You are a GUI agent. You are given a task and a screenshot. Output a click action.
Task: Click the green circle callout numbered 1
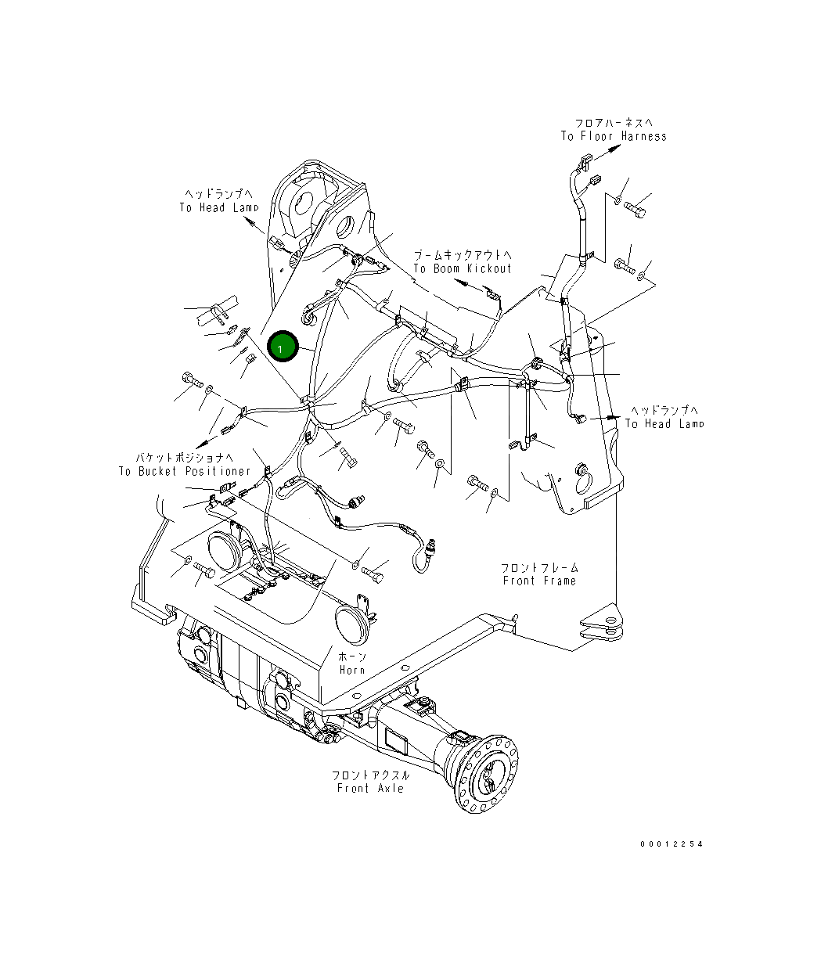coord(282,347)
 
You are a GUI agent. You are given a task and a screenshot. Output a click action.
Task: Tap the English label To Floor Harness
coord(614,136)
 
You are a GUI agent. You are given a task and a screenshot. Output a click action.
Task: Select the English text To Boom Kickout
coord(462,268)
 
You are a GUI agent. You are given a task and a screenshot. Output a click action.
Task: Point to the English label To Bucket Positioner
coord(185,471)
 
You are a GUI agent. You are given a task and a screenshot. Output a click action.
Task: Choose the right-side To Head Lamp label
coord(664,423)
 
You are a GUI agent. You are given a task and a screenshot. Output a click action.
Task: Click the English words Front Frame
coord(539,581)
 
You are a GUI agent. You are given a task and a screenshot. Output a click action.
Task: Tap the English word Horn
coord(352,670)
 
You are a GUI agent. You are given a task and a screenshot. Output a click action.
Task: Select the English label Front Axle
coord(370,788)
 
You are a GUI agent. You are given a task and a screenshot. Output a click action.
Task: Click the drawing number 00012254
coord(671,844)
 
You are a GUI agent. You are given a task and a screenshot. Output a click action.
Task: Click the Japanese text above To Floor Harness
coord(614,123)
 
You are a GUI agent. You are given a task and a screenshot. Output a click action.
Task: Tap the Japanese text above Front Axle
coord(370,775)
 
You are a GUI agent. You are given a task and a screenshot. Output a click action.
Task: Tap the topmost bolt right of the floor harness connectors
coord(636,210)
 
